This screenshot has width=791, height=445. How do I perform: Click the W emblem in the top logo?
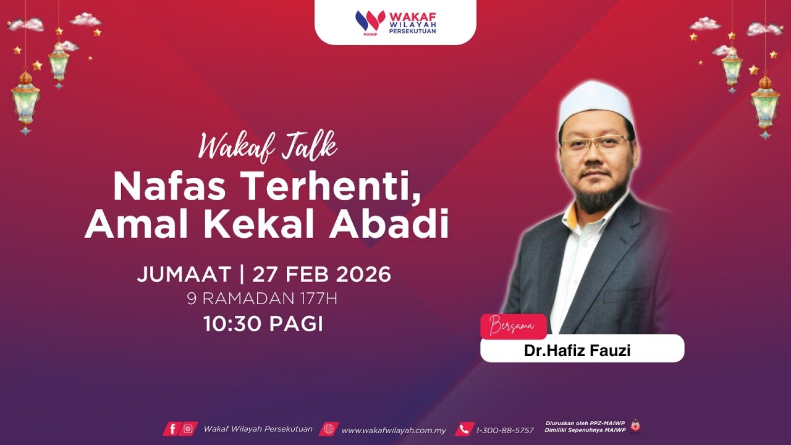coord(370,21)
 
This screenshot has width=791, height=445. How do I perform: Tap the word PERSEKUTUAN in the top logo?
coord(413,30)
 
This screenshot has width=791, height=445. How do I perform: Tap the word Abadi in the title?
coord(389,226)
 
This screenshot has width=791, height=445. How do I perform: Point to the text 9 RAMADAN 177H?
coord(262,299)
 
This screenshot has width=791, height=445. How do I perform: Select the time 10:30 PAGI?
coord(263,324)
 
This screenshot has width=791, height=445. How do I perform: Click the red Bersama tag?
coord(513,326)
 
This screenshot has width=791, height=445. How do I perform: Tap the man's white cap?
coord(596,100)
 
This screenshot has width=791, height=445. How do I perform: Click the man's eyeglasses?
coord(594,142)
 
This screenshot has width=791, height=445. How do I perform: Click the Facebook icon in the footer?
coord(172,429)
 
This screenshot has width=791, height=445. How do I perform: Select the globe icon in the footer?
coord(328,429)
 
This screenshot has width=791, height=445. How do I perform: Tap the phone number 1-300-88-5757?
coord(504,430)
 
